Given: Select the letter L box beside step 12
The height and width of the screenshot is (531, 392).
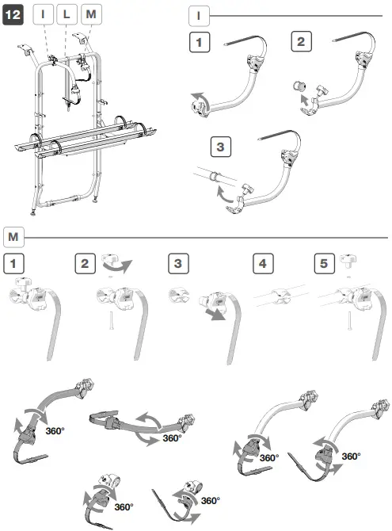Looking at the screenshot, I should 69,15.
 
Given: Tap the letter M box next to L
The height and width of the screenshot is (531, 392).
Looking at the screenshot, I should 91,15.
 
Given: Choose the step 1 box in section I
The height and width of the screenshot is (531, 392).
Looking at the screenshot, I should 198,42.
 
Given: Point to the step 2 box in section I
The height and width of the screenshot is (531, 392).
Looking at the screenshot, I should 300,42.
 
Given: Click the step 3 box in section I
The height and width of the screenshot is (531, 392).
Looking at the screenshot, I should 221,147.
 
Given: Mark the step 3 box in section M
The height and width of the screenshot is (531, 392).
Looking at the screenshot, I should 178,262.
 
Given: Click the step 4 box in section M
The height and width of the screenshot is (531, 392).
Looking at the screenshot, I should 262,262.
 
